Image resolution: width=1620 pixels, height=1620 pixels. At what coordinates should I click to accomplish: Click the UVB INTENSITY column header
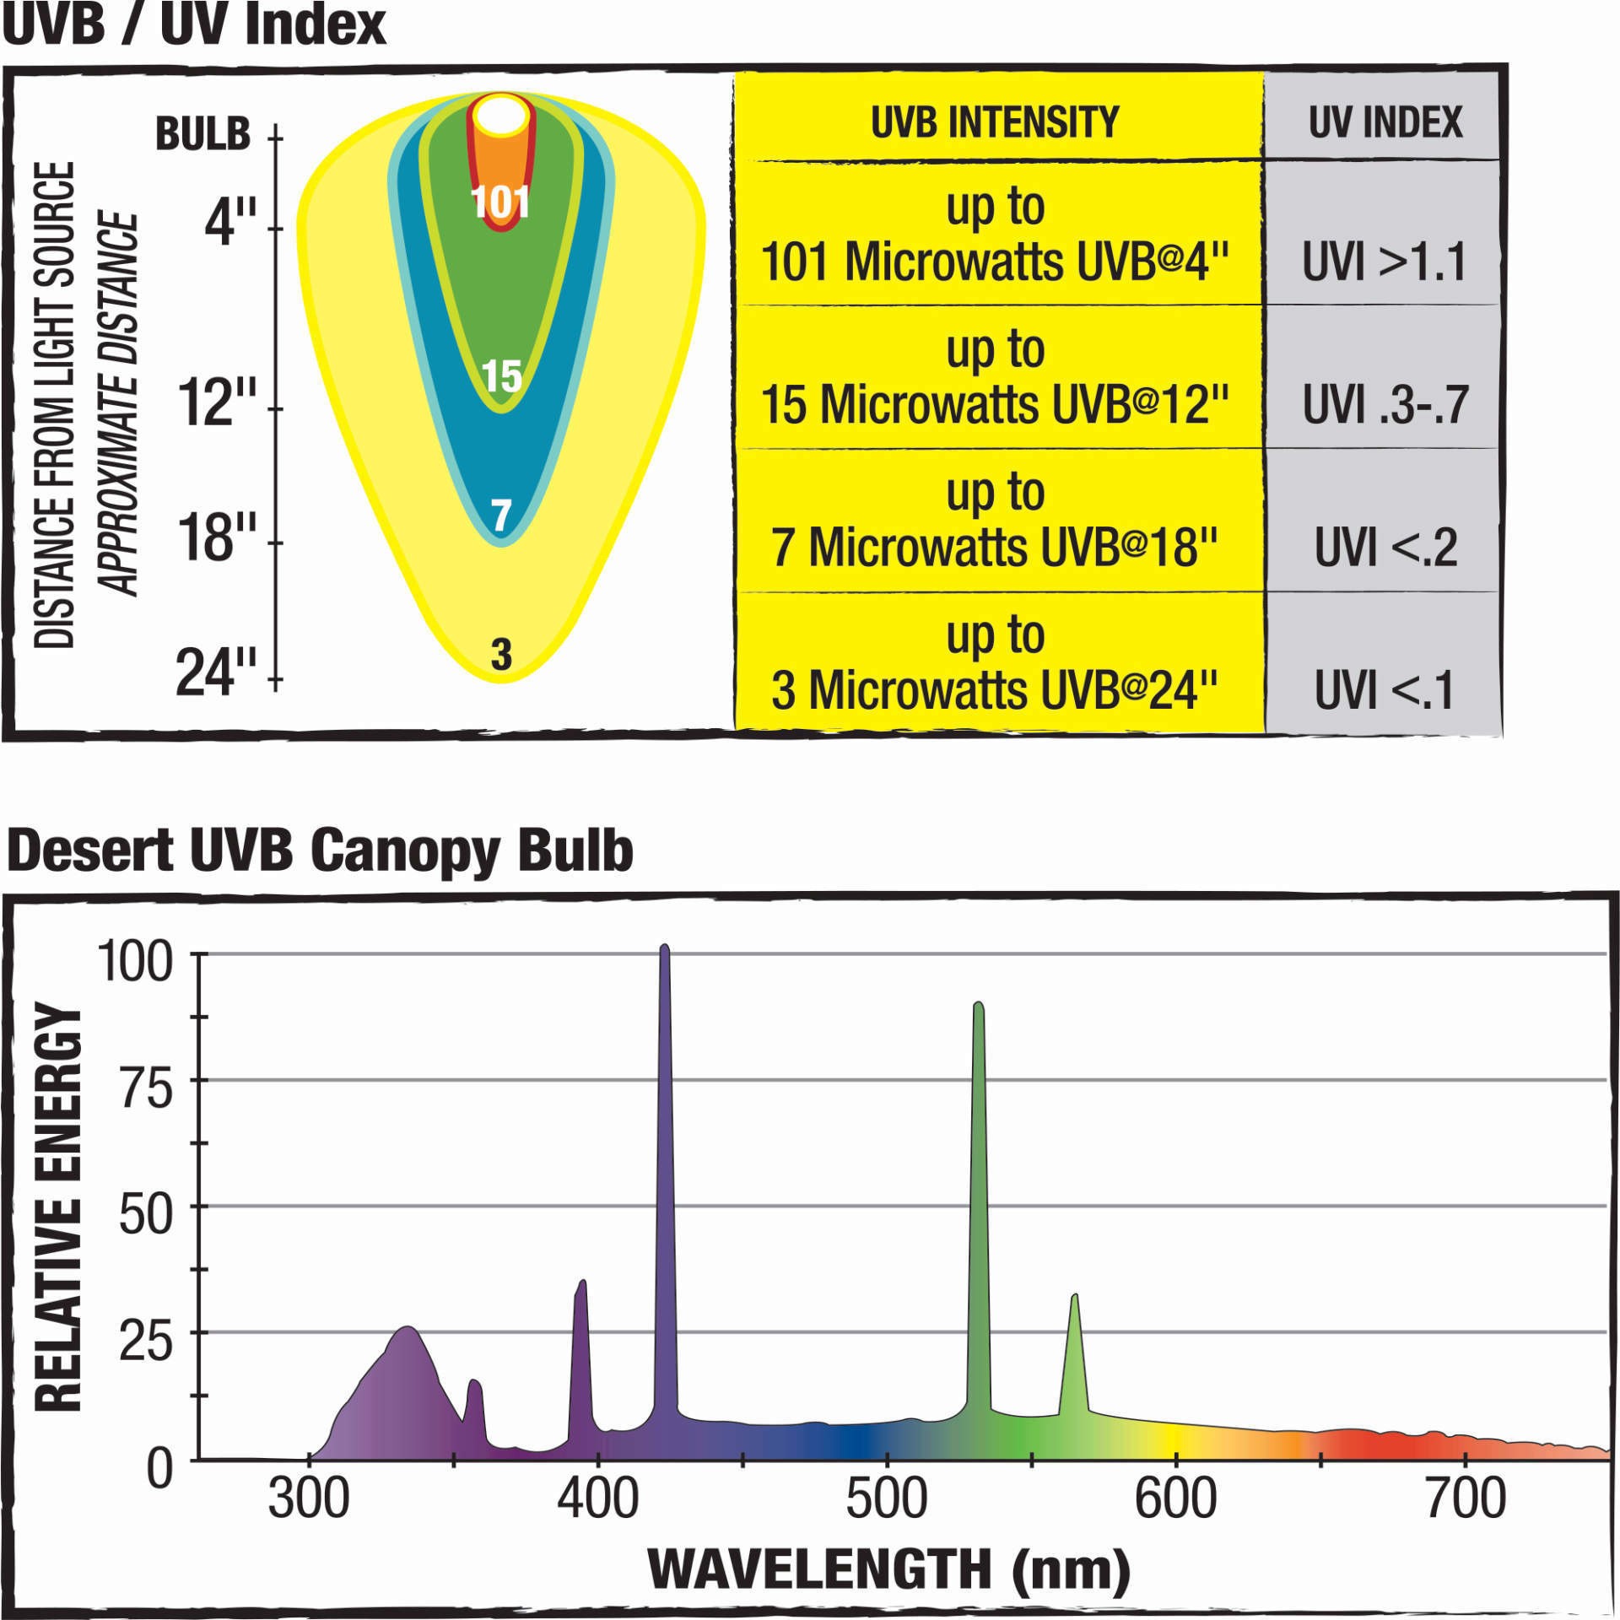click(x=995, y=122)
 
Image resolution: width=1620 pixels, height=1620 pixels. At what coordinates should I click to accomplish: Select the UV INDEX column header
click(x=1385, y=122)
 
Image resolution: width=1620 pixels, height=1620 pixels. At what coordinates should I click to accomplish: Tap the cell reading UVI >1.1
click(x=1385, y=262)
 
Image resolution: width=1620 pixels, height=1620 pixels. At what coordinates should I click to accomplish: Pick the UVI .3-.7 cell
click(x=1385, y=404)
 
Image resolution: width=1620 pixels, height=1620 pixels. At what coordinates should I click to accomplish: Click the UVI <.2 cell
click(x=1385, y=548)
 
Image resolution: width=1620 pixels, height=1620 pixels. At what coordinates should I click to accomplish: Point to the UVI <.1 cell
click(x=1385, y=690)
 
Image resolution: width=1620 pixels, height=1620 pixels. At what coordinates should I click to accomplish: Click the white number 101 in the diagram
click(x=500, y=202)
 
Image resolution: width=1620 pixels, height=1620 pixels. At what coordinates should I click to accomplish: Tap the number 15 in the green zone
click(x=501, y=376)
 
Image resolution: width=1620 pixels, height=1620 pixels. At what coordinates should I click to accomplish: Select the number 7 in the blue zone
click(x=501, y=515)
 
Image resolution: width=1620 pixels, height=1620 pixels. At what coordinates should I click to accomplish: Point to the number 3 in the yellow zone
click(x=501, y=654)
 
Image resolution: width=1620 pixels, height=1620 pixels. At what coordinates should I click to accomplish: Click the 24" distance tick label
click(x=216, y=672)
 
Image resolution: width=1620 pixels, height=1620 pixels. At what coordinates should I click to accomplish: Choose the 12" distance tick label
click(x=216, y=402)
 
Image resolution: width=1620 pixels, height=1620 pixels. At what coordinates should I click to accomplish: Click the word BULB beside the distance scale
click(x=203, y=134)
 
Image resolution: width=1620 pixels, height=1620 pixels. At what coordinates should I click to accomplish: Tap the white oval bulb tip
click(x=500, y=117)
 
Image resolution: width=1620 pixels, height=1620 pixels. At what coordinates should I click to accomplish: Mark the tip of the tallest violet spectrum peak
click(x=665, y=948)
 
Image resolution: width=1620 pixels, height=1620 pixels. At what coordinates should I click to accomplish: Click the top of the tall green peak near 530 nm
click(x=978, y=1006)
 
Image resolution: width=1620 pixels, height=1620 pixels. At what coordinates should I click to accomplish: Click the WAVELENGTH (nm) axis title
click(x=888, y=1569)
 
